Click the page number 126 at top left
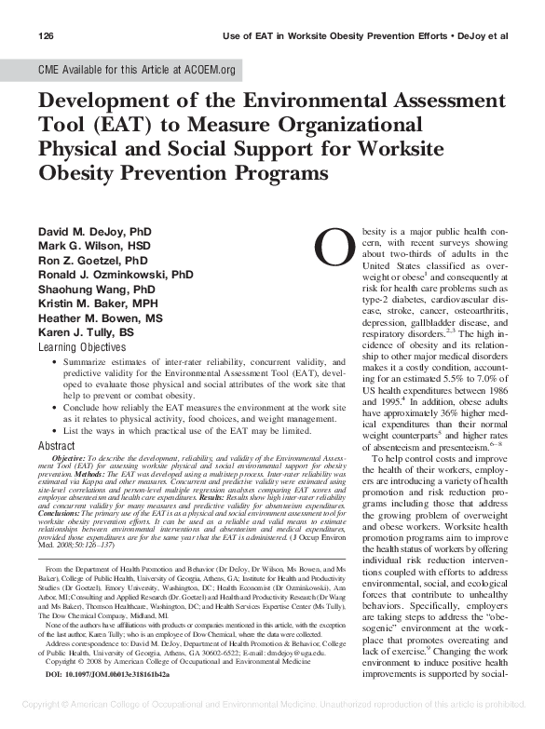pyautogui.click(x=47, y=36)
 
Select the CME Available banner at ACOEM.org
pyautogui.click(x=136, y=70)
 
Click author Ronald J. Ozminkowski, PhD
pyautogui.click(x=116, y=275)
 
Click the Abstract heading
pyautogui.click(x=56, y=446)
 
